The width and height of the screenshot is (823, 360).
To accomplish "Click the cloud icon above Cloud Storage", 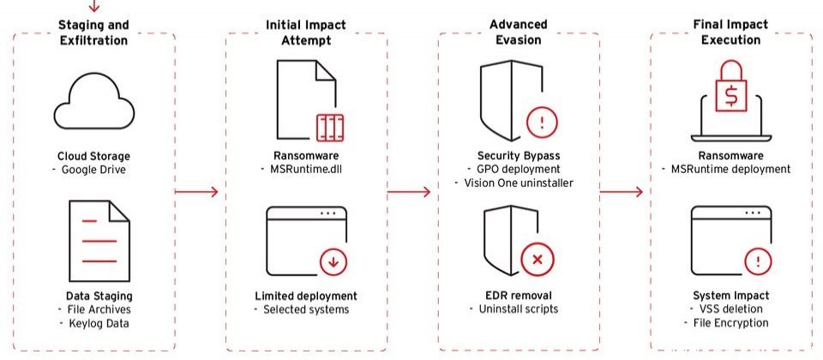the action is [94, 101].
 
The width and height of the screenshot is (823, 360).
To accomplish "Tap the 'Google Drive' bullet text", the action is [93, 170].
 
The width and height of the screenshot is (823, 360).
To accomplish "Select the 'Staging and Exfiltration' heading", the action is [93, 32].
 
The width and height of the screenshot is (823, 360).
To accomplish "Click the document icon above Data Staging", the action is [99, 240].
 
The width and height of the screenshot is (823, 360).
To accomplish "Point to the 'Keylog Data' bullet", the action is [99, 323].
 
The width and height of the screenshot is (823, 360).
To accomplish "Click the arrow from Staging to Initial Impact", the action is [195, 192].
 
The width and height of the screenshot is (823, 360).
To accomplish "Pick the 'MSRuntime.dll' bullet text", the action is [303, 169].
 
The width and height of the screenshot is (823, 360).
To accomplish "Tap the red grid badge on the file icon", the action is [329, 128].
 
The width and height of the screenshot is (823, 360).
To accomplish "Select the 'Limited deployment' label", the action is [306, 296].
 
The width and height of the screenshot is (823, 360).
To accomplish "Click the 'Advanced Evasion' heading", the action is [519, 32].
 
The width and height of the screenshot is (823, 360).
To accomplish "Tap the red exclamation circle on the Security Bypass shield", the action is [541, 123].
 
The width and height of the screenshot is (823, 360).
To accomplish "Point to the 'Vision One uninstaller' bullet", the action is [519, 183].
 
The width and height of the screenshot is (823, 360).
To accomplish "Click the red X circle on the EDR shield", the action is [537, 259].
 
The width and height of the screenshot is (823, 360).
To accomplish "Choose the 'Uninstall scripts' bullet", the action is [519, 309].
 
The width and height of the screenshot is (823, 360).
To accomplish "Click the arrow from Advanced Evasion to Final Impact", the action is [621, 192].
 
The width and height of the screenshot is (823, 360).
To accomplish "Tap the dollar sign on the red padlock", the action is [730, 95].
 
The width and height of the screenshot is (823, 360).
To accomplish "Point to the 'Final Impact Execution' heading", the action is [730, 32].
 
